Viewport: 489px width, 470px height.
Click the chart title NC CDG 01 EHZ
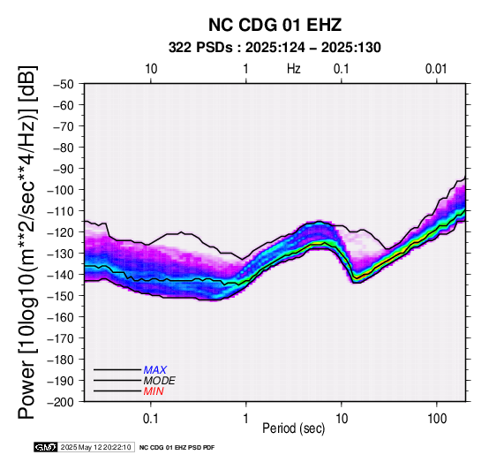(x=275, y=25)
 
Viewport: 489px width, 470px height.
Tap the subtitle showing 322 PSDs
(x=275, y=48)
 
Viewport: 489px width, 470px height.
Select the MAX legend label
(x=155, y=370)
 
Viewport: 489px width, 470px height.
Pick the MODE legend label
(x=160, y=381)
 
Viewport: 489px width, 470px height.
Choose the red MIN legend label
(x=154, y=391)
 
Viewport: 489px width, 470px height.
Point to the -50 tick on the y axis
(x=63, y=84)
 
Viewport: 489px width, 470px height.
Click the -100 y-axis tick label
(x=61, y=190)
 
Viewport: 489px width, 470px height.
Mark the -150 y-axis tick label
(x=61, y=296)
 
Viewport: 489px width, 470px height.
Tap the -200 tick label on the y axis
(x=61, y=402)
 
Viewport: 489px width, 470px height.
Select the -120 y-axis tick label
(x=61, y=232)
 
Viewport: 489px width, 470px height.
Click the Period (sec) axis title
(x=293, y=428)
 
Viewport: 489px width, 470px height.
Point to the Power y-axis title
(x=26, y=242)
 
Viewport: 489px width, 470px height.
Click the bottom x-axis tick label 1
(x=246, y=419)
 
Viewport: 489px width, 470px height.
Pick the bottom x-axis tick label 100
(x=437, y=419)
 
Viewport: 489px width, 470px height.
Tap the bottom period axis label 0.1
(x=151, y=419)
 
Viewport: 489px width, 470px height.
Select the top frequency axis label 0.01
(x=436, y=69)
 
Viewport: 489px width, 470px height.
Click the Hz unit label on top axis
(x=294, y=69)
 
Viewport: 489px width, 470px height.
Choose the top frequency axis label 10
(x=151, y=69)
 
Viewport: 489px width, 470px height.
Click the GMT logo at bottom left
(x=46, y=447)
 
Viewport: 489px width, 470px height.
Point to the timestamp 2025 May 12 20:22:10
(x=95, y=447)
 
